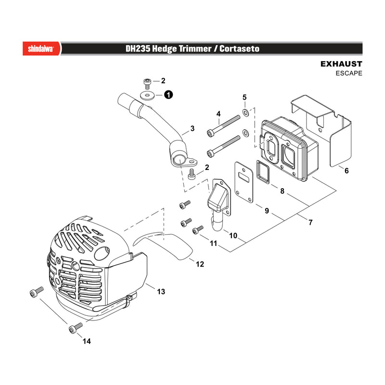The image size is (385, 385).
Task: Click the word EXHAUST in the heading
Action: (x=341, y=64)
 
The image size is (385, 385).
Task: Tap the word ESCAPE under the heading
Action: (x=349, y=73)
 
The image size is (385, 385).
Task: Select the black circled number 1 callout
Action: (x=168, y=94)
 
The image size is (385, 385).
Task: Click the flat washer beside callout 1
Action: (x=147, y=95)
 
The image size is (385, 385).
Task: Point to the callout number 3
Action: (x=192, y=128)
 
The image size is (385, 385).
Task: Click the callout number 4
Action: (x=218, y=114)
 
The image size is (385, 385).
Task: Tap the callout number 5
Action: (x=244, y=98)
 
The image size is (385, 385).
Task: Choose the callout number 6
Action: (x=346, y=170)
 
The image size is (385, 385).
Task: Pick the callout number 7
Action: (x=310, y=222)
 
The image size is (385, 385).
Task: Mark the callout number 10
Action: (x=233, y=236)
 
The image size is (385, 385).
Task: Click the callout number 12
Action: (x=200, y=264)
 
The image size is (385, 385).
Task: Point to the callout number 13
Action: (x=161, y=292)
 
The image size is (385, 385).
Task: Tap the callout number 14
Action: (x=87, y=341)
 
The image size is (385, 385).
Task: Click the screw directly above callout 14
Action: (x=76, y=327)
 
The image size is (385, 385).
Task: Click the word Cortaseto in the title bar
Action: (x=239, y=49)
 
